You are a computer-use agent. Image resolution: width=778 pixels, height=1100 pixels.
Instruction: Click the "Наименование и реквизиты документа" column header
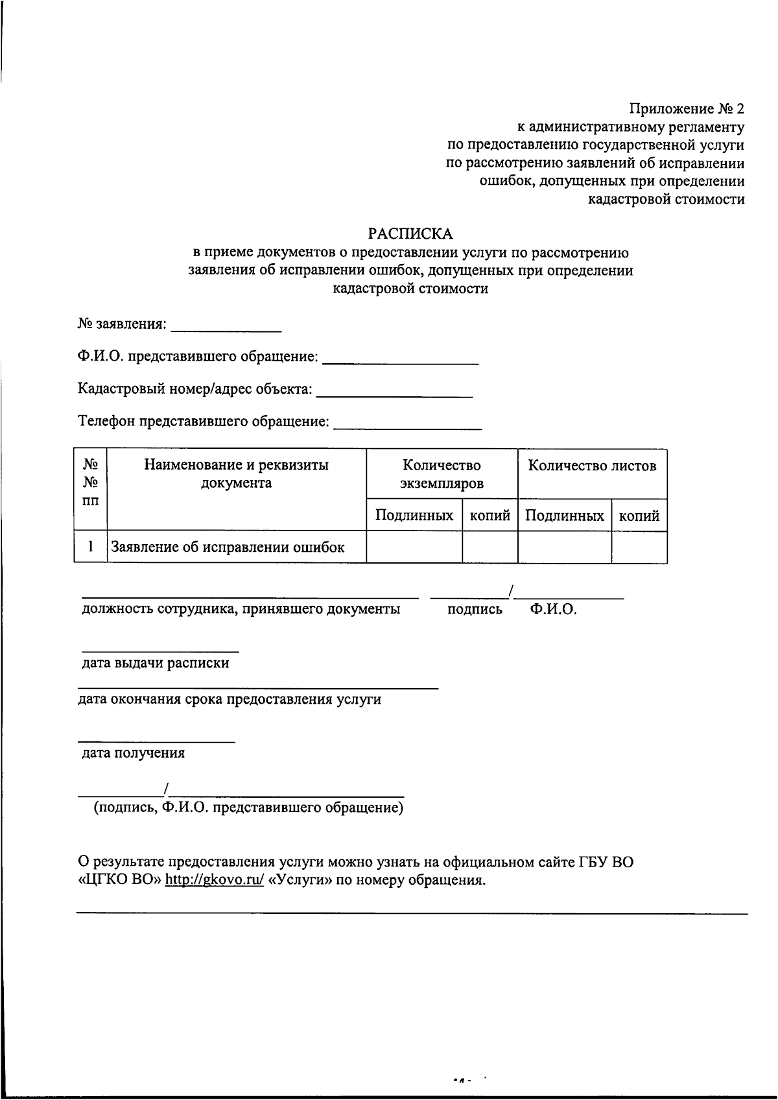click(x=236, y=474)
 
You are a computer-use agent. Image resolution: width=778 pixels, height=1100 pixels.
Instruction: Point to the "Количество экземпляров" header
click(x=442, y=474)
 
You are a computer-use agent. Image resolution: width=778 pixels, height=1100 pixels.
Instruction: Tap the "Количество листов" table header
click(x=592, y=466)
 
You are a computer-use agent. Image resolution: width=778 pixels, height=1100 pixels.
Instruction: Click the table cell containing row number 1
click(x=91, y=547)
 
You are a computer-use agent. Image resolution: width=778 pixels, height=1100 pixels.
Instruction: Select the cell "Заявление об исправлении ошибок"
click(x=228, y=547)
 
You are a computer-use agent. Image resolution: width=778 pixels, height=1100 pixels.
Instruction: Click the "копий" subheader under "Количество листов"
click(x=639, y=516)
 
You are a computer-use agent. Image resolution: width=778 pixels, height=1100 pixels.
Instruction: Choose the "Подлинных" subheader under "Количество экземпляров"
click(x=414, y=516)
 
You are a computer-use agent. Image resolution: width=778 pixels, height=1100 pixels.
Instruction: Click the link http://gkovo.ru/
click(x=215, y=881)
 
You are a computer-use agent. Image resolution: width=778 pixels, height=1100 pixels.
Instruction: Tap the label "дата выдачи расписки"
click(x=156, y=664)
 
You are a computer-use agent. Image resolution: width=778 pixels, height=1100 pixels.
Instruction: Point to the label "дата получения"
click(x=133, y=753)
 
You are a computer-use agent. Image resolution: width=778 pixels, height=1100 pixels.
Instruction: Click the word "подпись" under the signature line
click(x=475, y=610)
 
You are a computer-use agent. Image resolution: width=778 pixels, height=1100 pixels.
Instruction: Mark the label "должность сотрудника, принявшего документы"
click(x=241, y=610)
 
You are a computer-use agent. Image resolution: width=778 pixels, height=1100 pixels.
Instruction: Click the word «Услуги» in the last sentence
click(x=299, y=881)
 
